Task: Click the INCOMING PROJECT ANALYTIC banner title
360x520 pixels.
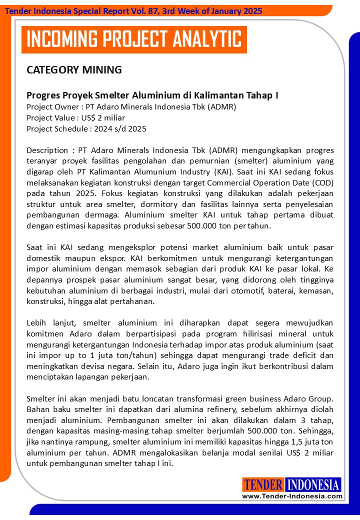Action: [x=133, y=39]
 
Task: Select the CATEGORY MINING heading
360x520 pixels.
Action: [x=74, y=70]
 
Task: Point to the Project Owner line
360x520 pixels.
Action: [x=131, y=106]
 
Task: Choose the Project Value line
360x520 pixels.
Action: [x=75, y=117]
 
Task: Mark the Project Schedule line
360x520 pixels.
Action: [x=86, y=128]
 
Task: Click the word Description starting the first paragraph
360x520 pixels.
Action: [x=47, y=150]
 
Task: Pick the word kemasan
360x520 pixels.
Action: [x=317, y=290]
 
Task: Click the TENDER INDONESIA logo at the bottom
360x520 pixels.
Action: [x=292, y=484]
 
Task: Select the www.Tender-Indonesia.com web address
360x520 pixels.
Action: [x=292, y=496]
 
